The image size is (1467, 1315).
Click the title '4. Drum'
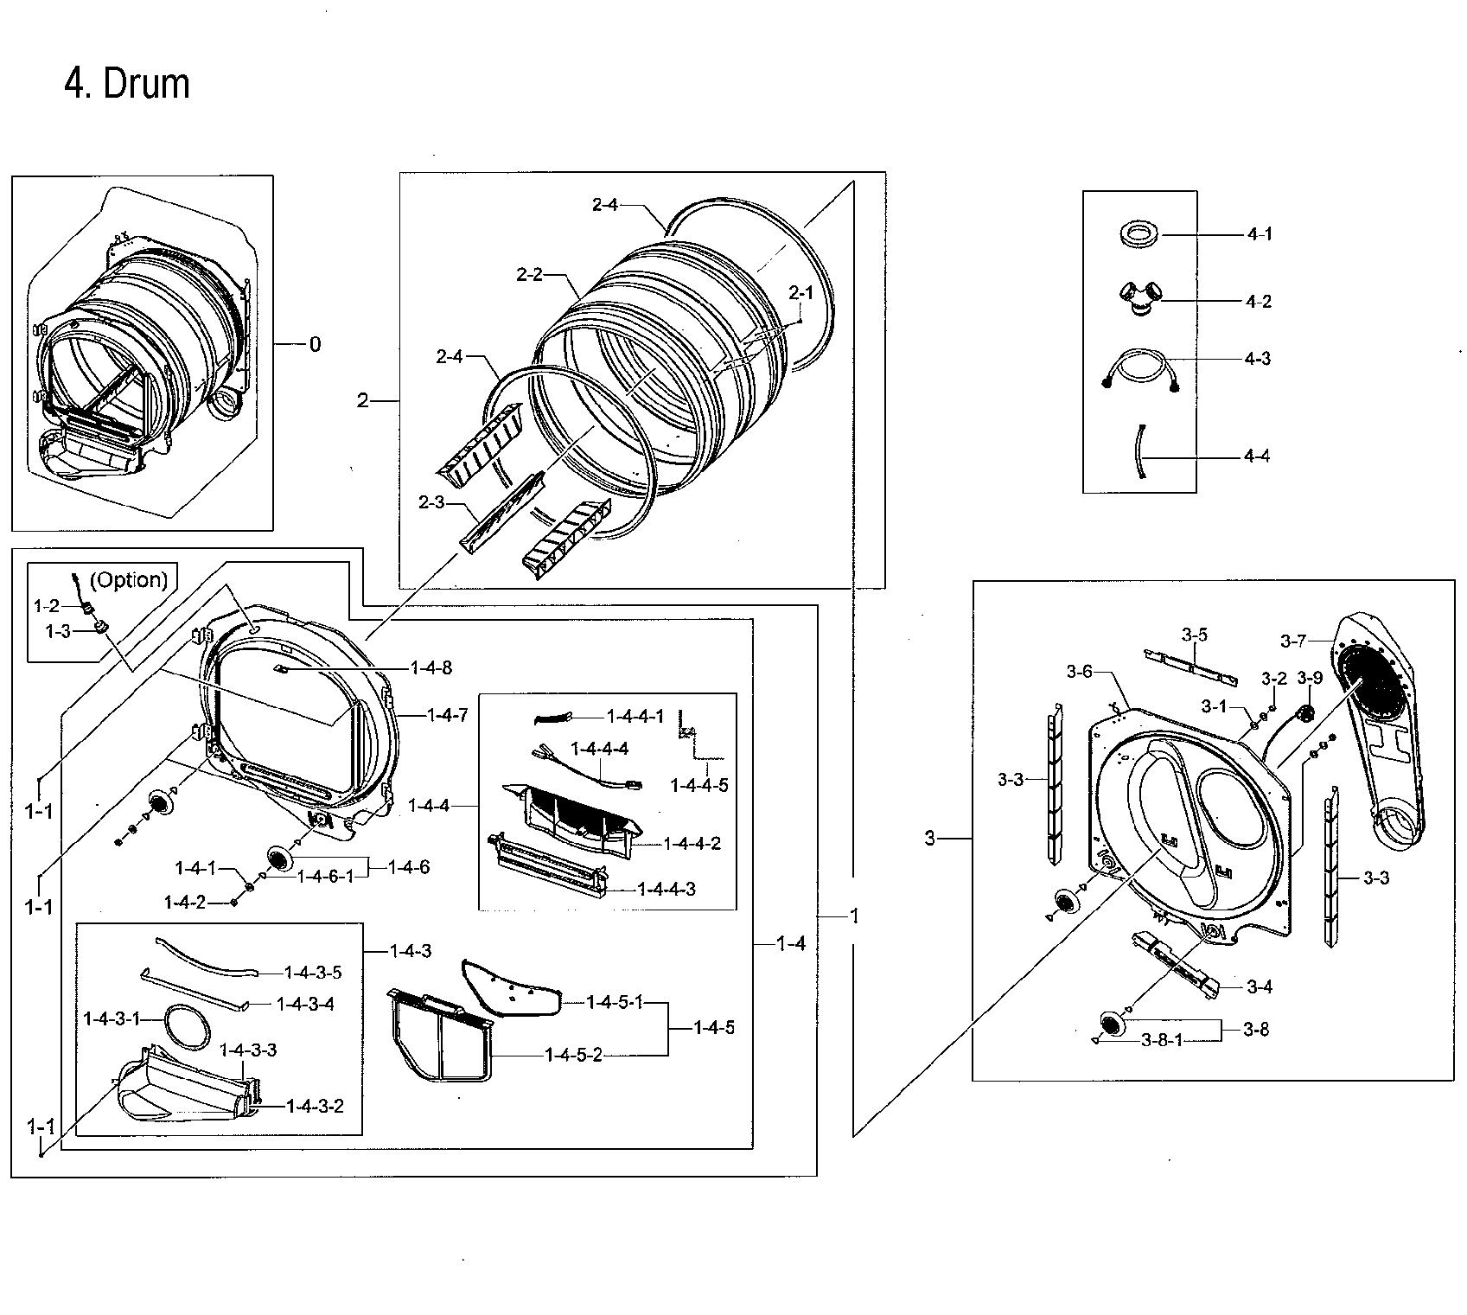pos(127,85)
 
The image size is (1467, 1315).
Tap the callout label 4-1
pos(1259,234)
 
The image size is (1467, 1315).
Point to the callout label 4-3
pos(1257,359)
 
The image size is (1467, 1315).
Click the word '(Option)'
pos(128,580)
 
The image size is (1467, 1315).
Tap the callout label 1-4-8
pos(431,667)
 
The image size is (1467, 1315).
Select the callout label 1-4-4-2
pos(692,844)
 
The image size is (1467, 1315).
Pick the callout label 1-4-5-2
pos(573,1055)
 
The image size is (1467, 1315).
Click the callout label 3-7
pos(1293,641)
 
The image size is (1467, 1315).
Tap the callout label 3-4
pos(1260,986)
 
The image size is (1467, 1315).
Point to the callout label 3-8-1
pos(1161,1041)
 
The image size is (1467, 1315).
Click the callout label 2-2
pos(529,275)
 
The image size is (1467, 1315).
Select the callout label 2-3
pos(431,501)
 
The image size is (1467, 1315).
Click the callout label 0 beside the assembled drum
pos(315,345)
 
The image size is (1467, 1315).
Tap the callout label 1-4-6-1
pos(325,877)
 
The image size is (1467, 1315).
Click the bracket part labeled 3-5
pos(1190,667)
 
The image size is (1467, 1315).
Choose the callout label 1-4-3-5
pos(313,973)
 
